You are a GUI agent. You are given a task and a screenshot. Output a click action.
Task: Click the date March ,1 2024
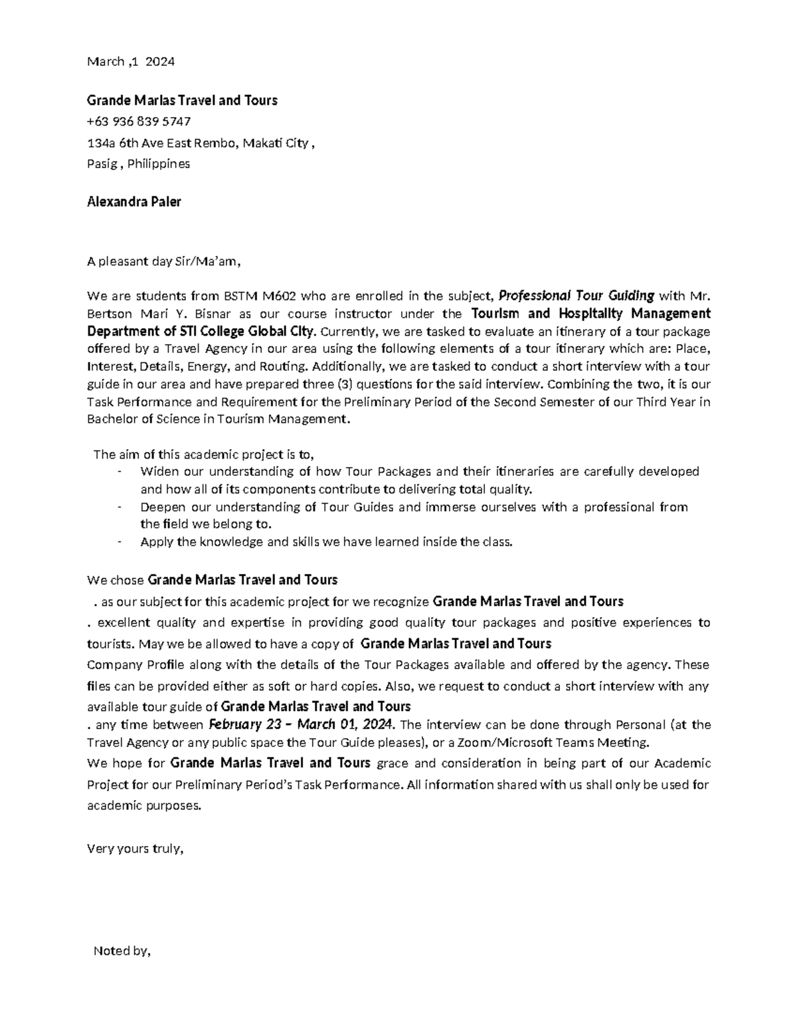(x=131, y=62)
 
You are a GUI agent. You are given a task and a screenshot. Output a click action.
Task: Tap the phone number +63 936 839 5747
(x=139, y=122)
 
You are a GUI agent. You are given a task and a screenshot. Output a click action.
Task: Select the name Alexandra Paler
(x=133, y=202)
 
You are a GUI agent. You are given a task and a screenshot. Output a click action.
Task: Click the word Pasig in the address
(x=101, y=163)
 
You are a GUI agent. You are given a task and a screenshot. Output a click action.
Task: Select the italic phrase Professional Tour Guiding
(x=576, y=296)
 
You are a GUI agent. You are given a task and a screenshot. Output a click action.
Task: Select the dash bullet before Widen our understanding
(x=119, y=472)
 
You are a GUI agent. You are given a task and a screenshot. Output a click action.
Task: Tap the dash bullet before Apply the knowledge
(x=119, y=542)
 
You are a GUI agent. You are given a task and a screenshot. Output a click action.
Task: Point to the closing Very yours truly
(x=134, y=849)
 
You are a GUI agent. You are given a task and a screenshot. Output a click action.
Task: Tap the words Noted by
(x=122, y=951)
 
